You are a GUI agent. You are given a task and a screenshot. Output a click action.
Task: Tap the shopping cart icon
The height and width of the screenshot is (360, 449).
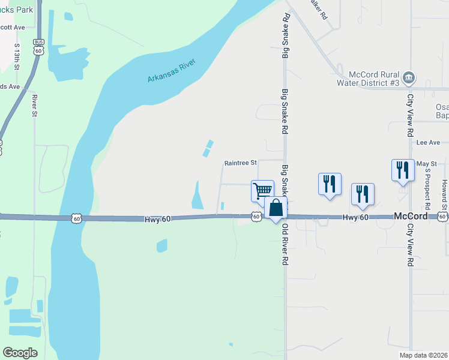coord(262,191)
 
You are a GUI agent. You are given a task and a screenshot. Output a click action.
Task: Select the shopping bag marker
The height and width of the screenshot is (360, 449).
coord(276,208)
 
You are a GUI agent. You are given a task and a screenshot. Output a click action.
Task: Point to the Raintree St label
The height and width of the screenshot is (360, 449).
coord(240,163)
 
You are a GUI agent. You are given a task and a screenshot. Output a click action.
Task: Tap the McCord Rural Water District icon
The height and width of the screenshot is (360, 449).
coord(409,77)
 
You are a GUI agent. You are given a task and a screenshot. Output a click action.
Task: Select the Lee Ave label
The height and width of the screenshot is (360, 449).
coord(429,143)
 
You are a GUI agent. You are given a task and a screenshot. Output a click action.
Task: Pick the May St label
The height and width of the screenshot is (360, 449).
coord(426,163)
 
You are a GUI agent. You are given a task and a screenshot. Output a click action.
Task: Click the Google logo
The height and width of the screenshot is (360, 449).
coord(20,352)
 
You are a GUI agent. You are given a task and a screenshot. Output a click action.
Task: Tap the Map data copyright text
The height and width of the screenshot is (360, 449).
coord(423,355)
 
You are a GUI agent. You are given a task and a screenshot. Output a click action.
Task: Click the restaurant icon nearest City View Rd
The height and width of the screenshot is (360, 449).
coord(401,170)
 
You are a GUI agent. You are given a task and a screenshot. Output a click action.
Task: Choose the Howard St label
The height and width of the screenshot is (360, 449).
coord(445,194)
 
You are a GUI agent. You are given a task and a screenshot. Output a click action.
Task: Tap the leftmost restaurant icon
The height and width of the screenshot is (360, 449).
coord(330,184)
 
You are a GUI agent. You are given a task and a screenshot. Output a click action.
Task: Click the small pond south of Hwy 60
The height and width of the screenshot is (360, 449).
coord(161,245)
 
